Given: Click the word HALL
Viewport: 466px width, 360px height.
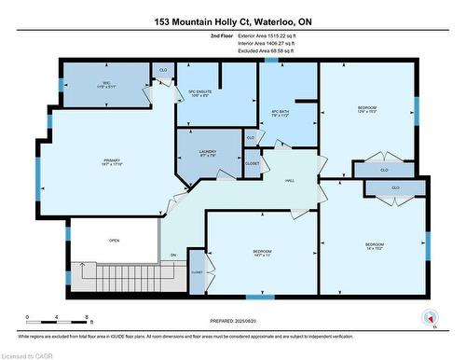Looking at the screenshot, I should point(290,180).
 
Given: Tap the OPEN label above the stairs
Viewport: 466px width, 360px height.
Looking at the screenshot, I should point(113,240).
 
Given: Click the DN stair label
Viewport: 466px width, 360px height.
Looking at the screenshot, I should point(172,256).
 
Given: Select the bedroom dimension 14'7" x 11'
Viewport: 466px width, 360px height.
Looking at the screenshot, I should point(262,255).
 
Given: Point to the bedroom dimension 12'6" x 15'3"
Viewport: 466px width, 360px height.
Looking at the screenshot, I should point(366,111).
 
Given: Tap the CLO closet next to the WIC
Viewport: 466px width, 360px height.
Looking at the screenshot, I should point(163,70).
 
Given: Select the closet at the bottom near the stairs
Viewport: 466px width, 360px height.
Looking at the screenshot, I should point(196,275).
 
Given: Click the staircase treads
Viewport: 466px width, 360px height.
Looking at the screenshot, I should point(121,275).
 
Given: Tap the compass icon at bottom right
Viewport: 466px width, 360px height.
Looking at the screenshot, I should point(430,315).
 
